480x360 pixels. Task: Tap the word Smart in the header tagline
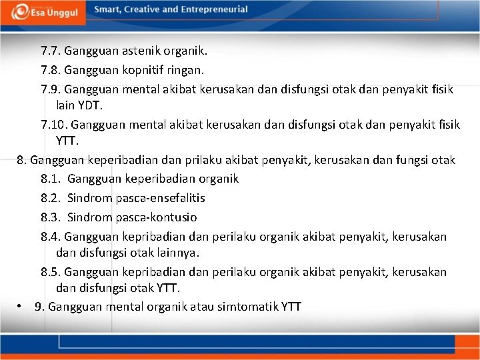pyautogui.click(x=107, y=9)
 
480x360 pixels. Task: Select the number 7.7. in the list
pyautogui.click(x=51, y=50)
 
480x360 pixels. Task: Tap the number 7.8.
pyautogui.click(x=51, y=69)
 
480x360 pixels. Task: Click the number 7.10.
pyautogui.click(x=54, y=125)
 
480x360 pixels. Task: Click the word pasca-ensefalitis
pyautogui.click(x=160, y=198)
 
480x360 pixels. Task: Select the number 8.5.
pyautogui.click(x=51, y=272)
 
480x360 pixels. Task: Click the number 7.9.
pyautogui.click(x=51, y=89)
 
